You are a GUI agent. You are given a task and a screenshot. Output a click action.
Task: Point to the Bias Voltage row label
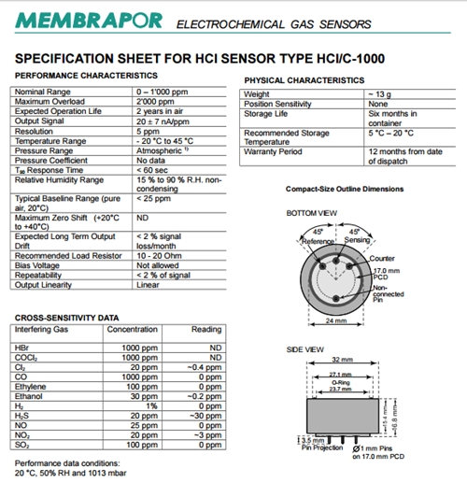41,265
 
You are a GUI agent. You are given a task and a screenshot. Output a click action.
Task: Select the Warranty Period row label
275,150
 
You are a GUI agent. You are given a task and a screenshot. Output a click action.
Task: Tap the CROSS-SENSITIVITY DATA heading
66,318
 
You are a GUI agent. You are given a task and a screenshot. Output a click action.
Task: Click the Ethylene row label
32,385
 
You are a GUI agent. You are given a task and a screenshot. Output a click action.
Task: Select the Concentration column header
133,329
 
